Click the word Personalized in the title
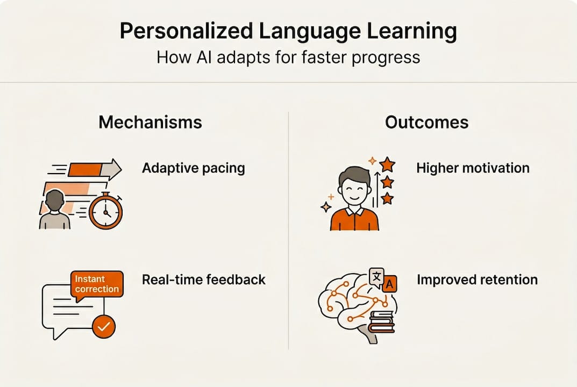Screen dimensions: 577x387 [x=186, y=31]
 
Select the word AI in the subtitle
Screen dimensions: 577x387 [x=204, y=58]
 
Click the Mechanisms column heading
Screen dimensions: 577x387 [x=150, y=122]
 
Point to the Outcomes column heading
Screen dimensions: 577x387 [x=427, y=122]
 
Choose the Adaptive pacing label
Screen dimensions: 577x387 [x=194, y=168]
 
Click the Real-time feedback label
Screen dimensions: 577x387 [x=203, y=279]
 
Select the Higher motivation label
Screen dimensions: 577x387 [x=473, y=168]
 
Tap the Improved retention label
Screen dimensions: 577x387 [x=477, y=279]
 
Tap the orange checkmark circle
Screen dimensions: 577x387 [x=104, y=326]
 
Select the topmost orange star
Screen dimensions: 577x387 [x=387, y=164]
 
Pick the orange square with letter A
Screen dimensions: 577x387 [x=389, y=284]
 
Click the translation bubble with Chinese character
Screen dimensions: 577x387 [x=376, y=277]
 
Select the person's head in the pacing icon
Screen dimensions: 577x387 [x=55, y=200]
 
